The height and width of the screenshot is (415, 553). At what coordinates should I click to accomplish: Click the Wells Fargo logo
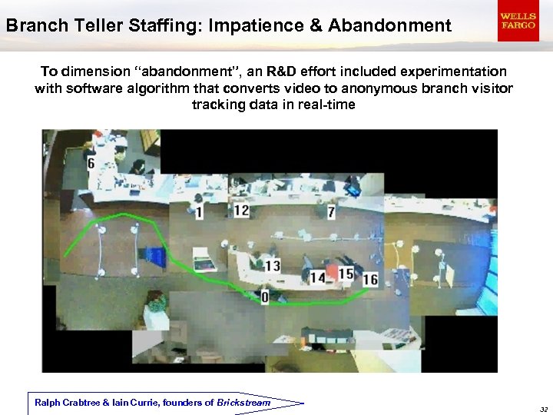518,21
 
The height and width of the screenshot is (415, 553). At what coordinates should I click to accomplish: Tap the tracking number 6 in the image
91,164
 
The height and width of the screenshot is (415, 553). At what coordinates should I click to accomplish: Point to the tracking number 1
200,212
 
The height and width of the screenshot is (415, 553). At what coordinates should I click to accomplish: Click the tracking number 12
241,211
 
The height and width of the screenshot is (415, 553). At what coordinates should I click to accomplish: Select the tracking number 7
331,212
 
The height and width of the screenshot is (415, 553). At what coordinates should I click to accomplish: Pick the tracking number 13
273,266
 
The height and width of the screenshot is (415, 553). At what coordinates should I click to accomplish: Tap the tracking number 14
317,277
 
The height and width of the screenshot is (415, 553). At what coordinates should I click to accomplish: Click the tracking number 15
346,274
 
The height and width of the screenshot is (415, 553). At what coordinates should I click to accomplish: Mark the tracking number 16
370,279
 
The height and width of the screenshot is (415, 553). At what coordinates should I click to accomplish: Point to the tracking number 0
265,297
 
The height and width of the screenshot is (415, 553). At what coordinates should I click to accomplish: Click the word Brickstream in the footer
243,403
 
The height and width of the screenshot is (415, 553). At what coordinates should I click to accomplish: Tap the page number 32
543,410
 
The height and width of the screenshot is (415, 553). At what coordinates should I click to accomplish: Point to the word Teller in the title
89,25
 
